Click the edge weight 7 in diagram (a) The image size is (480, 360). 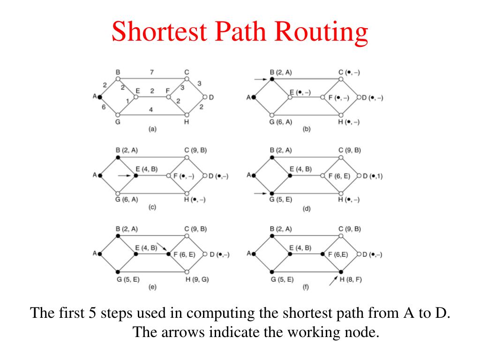[152, 72]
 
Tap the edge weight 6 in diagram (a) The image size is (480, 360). [104, 107]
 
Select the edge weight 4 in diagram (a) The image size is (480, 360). [151, 109]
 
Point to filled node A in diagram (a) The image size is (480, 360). [100, 97]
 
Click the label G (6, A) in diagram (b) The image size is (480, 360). [281, 122]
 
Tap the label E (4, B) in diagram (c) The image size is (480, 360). [146, 169]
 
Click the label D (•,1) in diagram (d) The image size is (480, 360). [372, 176]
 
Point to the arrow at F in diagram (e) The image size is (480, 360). [162, 246]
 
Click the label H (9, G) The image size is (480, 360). [197, 279]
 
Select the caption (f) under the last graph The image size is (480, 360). [306, 287]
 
